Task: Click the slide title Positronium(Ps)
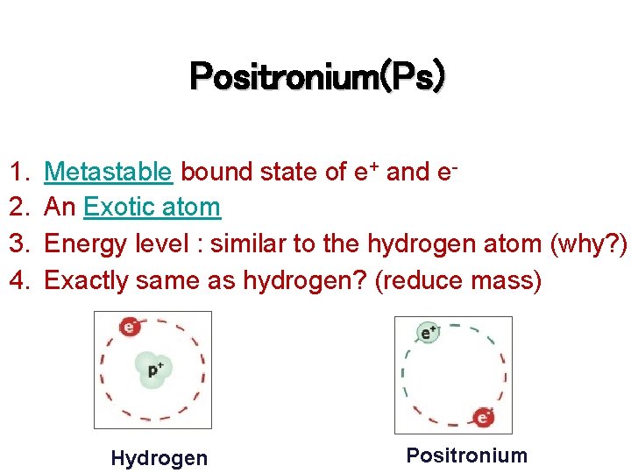pos(316,78)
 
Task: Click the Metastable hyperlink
pos(108,172)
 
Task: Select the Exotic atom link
pos(152,208)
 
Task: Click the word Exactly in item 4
pos(82,279)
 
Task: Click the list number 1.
pos(18,172)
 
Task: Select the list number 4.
pos(18,279)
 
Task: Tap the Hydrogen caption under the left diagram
pos(160,458)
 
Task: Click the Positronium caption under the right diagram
pos(467,455)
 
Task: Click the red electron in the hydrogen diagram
pos(130,328)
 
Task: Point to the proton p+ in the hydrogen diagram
pos(154,370)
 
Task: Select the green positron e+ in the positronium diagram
pos(429,333)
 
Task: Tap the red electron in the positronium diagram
pos(483,417)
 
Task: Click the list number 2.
pos(18,208)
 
